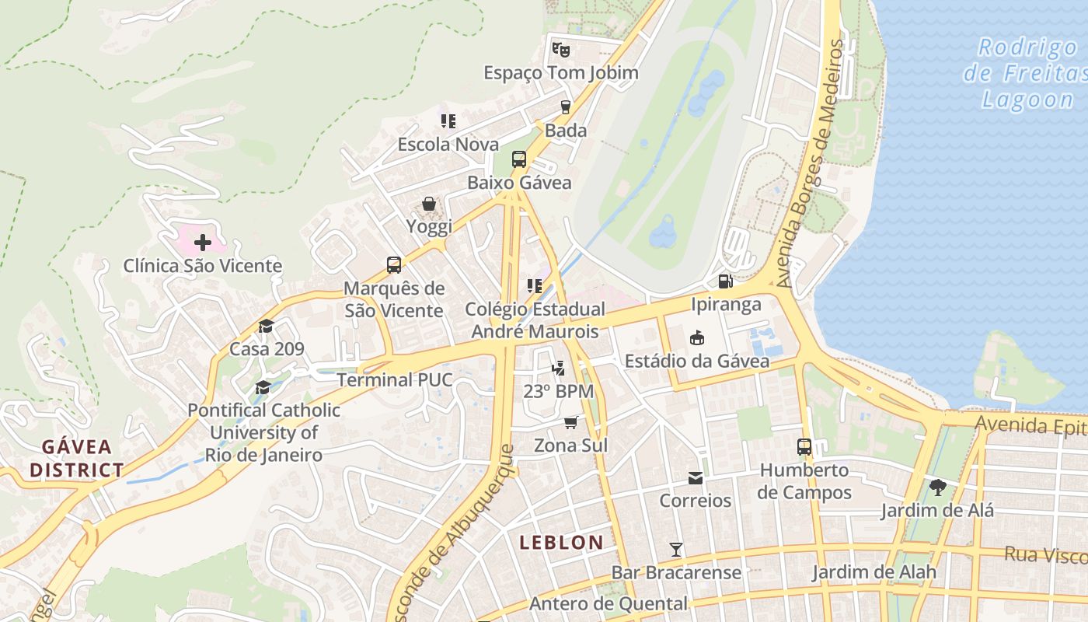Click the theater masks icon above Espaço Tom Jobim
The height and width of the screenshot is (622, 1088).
(x=560, y=49)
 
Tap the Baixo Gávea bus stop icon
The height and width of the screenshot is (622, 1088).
(x=519, y=159)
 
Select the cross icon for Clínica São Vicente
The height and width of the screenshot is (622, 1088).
(x=202, y=243)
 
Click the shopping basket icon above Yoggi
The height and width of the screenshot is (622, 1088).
(x=429, y=204)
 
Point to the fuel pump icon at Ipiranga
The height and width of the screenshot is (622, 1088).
(x=725, y=281)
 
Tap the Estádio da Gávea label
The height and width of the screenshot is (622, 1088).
(x=697, y=361)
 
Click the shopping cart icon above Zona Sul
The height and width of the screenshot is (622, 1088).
(x=571, y=422)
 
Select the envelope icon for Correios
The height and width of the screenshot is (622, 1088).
(x=695, y=477)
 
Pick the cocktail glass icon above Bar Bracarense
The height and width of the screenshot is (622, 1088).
(x=676, y=550)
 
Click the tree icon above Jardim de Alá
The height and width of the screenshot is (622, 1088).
(x=937, y=487)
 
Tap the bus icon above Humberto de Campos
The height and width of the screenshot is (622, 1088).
(x=804, y=447)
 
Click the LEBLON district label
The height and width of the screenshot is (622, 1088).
(x=561, y=543)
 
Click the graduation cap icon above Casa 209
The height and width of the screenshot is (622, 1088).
(x=267, y=326)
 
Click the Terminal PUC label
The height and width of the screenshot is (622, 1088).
(x=394, y=380)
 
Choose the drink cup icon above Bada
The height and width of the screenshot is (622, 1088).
(x=566, y=107)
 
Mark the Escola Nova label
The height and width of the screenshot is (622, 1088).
(x=448, y=145)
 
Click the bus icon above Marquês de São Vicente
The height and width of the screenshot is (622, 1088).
(x=394, y=265)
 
